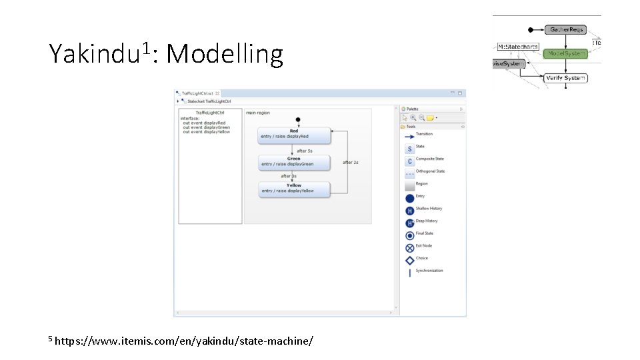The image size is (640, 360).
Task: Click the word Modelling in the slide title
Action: [x=225, y=54]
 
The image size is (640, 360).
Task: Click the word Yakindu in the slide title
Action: [x=93, y=54]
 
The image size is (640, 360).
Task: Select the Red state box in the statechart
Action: [x=294, y=135]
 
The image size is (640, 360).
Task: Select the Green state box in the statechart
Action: [x=294, y=162]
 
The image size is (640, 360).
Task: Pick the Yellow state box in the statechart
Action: [x=294, y=189]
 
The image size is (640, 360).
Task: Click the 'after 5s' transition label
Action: [x=305, y=151]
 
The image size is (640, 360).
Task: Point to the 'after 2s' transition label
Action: [x=351, y=162]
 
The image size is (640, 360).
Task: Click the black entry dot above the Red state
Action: [x=298, y=120]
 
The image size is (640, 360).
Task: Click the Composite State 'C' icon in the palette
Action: [x=409, y=161]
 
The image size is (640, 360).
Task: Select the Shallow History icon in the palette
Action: [x=409, y=211]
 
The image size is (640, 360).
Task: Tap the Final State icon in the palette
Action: [x=409, y=235]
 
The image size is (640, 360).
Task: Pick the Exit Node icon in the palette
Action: [x=409, y=248]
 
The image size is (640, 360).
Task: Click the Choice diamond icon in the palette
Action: [x=409, y=260]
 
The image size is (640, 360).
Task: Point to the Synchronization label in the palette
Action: [x=429, y=271]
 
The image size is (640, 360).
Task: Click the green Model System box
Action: [x=565, y=53]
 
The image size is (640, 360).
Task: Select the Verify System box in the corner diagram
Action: [x=565, y=78]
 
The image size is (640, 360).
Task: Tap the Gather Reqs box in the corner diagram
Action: [x=565, y=29]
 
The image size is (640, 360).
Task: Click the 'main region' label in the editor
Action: [x=258, y=113]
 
